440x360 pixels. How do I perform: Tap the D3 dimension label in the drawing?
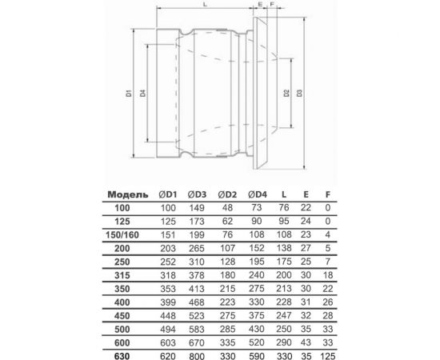point(298,96)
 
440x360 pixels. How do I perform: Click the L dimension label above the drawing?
point(206,6)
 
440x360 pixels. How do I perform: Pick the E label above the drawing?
point(262,6)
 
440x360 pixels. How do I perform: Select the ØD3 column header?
point(196,193)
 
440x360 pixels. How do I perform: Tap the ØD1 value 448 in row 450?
point(162,314)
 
